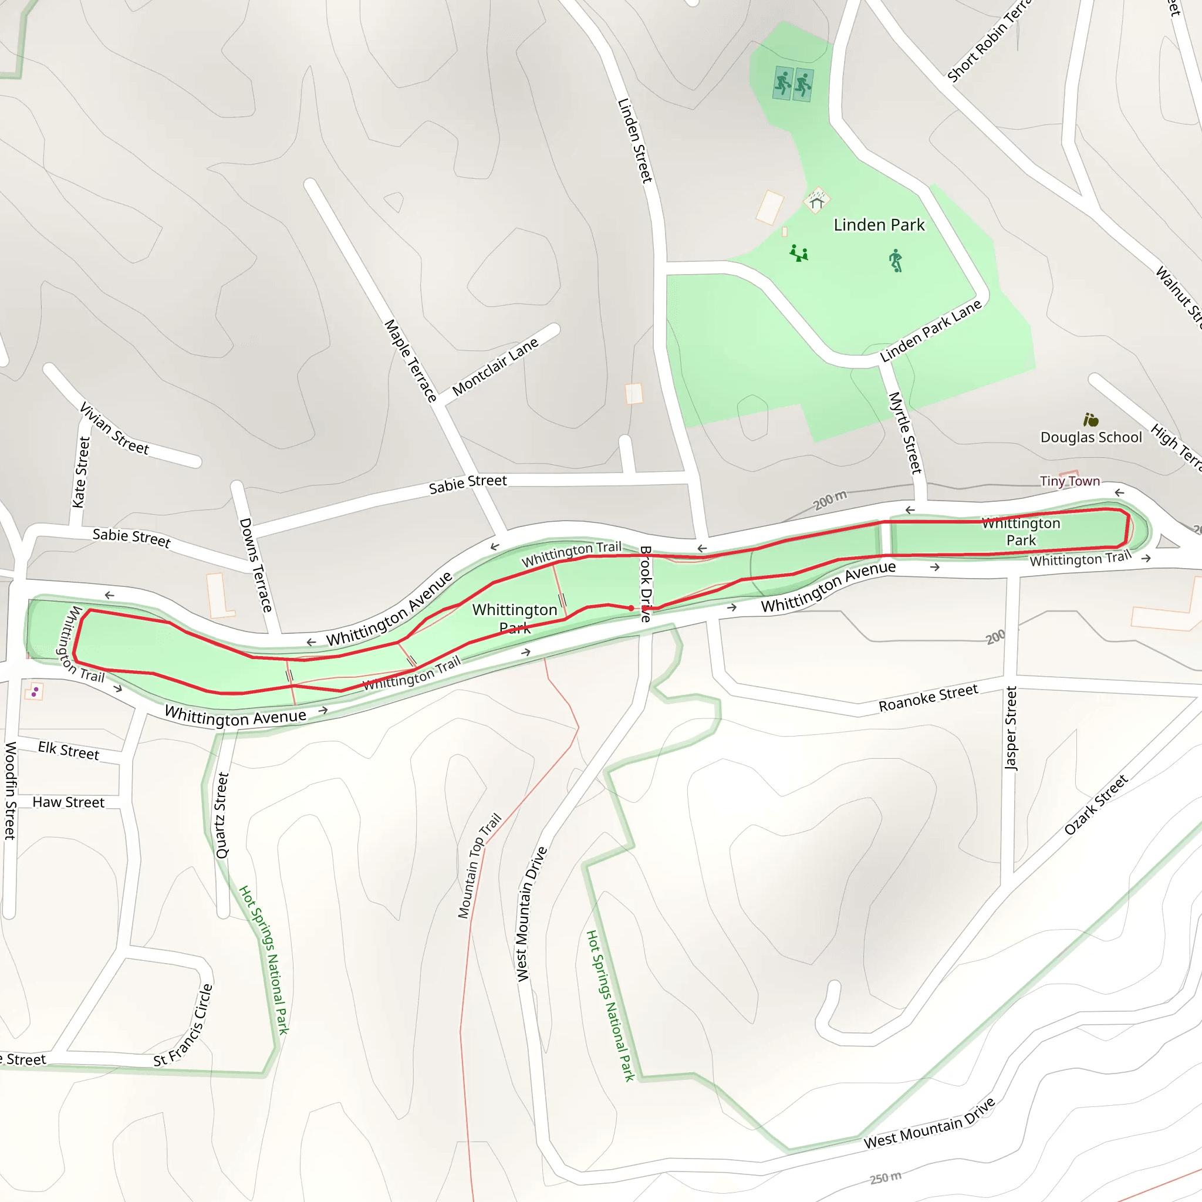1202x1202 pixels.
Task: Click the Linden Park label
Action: point(879,225)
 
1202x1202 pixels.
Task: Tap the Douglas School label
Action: point(1090,437)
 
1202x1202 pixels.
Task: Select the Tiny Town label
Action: point(1069,481)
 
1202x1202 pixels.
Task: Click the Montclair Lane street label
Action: point(495,367)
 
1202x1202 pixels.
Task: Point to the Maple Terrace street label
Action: point(410,360)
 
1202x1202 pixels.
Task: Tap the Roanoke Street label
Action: point(928,697)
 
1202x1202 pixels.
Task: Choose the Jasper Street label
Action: point(1011,728)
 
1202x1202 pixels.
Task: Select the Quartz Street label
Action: point(222,815)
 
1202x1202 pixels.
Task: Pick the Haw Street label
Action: point(69,802)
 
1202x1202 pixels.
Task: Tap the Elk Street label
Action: point(69,750)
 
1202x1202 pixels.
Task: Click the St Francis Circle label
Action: point(184,1025)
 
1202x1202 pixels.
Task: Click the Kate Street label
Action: point(82,472)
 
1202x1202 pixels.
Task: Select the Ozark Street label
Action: point(1096,804)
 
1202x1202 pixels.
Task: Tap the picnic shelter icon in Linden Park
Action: point(816,201)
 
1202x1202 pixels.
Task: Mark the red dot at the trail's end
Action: point(631,608)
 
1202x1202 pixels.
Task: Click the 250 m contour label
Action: point(885,1178)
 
